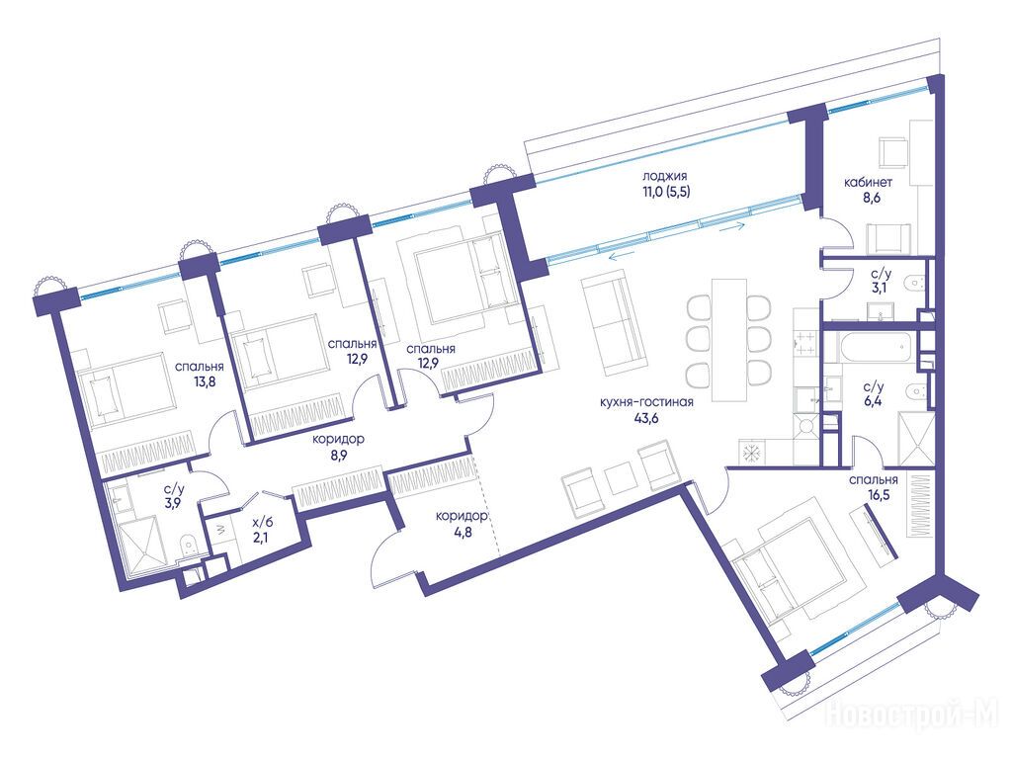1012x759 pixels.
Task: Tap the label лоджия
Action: click(664, 176)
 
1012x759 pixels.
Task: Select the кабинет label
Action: click(868, 183)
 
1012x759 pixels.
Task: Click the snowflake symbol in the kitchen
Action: click(751, 452)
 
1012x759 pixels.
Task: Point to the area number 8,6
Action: click(872, 198)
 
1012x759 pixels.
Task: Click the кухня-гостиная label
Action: click(646, 403)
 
